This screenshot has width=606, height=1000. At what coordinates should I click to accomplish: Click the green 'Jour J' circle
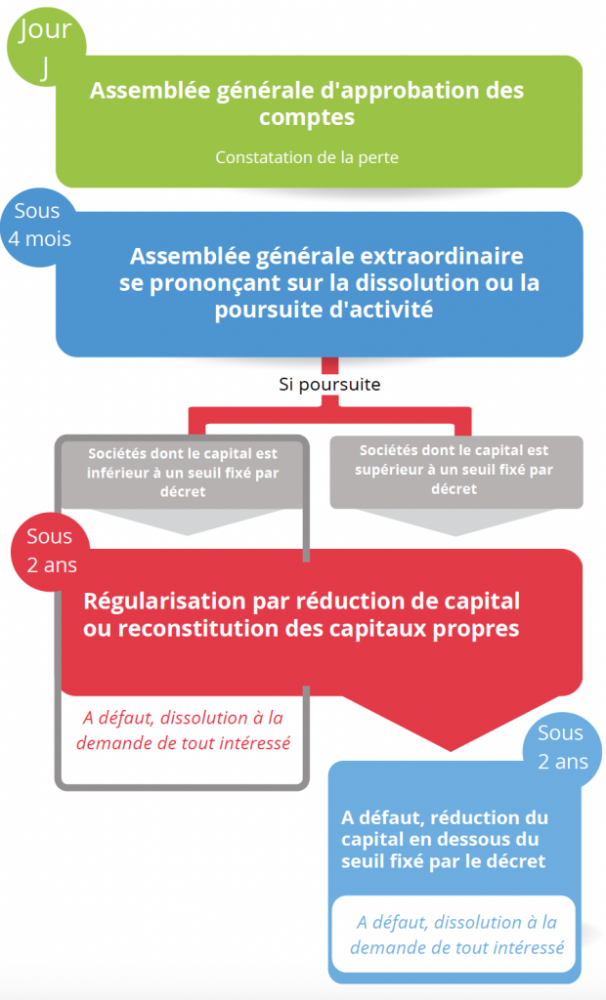[x=46, y=47]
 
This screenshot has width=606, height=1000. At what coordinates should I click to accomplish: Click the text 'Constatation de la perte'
[x=307, y=157]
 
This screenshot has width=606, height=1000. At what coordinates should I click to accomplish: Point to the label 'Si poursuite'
[x=329, y=384]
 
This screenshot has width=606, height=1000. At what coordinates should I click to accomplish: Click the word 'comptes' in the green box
[x=307, y=117]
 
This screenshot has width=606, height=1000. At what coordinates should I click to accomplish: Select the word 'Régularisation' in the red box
[x=165, y=602]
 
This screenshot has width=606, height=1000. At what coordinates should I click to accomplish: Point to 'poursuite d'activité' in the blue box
[x=324, y=310]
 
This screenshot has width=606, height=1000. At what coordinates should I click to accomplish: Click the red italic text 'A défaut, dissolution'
[x=184, y=718]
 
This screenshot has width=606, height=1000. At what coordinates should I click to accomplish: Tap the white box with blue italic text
[x=454, y=935]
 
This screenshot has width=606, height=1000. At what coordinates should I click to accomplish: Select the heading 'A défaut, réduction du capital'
[x=445, y=828]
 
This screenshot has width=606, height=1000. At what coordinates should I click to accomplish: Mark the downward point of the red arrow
[x=451, y=751]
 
